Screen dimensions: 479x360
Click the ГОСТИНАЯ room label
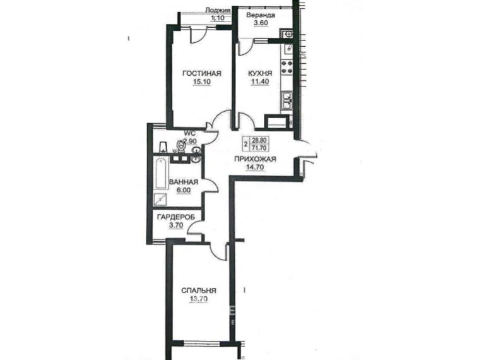pos(201,74)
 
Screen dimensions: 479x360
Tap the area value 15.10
pos(201,82)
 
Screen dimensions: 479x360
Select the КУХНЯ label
pos(260,73)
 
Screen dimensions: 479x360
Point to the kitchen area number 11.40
pos(260,81)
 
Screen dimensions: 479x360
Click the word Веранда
pos(261,15)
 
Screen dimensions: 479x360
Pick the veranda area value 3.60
pos(261,23)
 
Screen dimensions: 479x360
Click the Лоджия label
pos(217,10)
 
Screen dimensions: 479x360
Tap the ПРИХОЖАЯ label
pos(255,159)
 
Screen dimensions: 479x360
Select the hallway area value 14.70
pos(255,167)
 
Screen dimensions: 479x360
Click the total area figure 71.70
pos(259,148)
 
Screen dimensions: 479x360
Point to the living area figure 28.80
pos(259,140)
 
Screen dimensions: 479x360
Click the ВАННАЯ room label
pos(184,182)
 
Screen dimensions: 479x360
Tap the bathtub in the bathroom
pos(161,174)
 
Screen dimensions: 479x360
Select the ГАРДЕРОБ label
pos(176,217)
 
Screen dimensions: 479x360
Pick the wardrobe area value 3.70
pos(176,225)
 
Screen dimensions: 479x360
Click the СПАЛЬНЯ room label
pos(199,291)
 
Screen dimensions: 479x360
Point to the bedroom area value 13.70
pos(199,299)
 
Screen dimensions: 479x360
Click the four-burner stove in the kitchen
pos(287,67)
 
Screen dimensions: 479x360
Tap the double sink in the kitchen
pos(287,101)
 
